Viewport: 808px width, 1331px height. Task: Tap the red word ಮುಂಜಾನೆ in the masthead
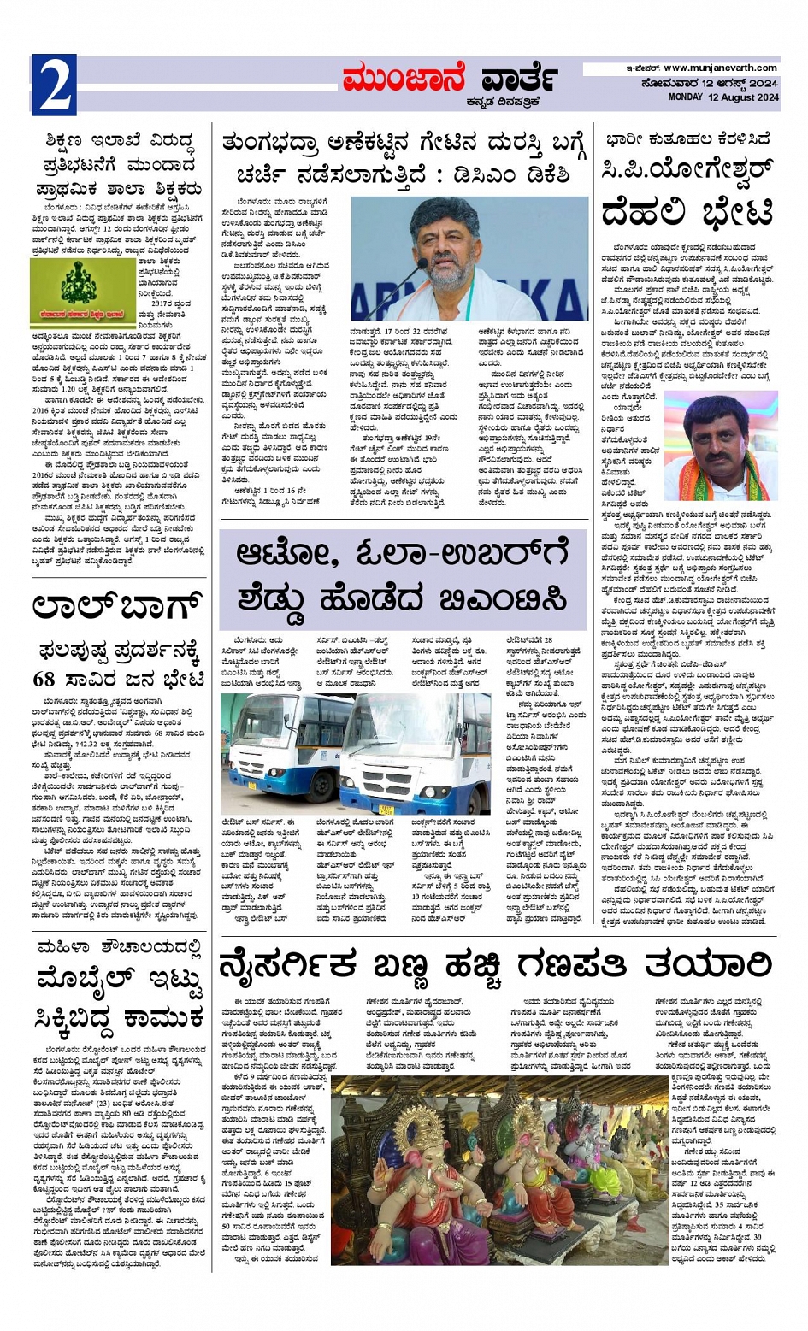(x=402, y=79)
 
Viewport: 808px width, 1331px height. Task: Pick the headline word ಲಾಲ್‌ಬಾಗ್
(x=118, y=608)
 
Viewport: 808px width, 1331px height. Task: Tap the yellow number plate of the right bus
(x=386, y=807)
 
